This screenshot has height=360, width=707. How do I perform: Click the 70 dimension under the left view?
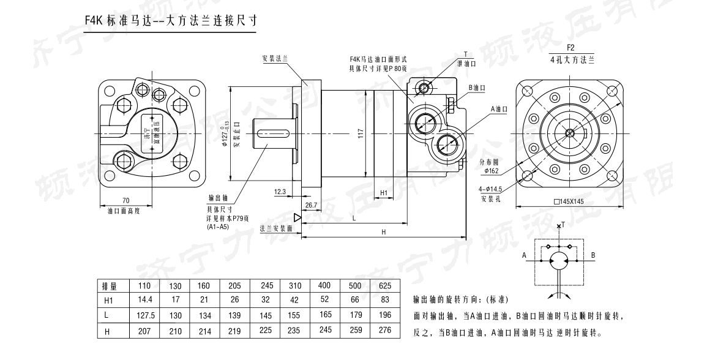pos(125,200)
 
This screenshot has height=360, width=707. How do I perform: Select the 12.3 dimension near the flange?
pos(280,192)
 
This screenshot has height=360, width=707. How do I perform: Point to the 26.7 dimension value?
pos(311,205)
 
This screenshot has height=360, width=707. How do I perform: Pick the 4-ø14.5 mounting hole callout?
pos(492,190)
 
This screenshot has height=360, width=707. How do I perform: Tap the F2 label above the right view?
pos(570,48)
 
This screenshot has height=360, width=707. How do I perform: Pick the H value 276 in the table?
pos(384,331)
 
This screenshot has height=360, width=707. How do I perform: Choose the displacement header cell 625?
pos(384,286)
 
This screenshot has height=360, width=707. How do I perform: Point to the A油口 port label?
pos(499,109)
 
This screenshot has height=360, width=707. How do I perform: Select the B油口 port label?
pos(477,88)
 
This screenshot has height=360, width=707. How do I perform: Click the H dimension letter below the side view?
pos(383,232)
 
